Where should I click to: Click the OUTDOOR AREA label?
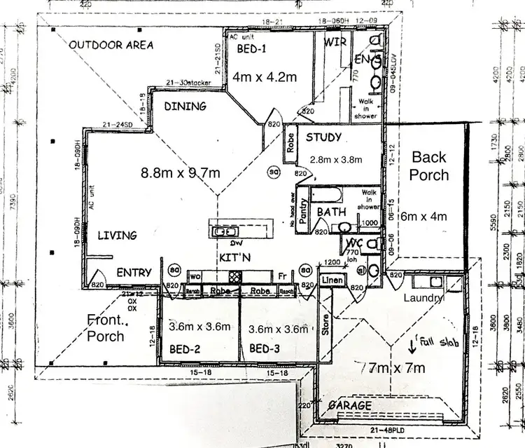coord(112,45)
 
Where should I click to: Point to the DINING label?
coord(185,107)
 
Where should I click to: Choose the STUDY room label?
coord(323,137)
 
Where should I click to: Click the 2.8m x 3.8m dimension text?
coord(335,160)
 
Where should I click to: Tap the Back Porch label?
coord(429,165)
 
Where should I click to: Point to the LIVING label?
coord(117,235)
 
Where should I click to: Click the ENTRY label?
coord(134,272)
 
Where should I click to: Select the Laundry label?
coord(423,298)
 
